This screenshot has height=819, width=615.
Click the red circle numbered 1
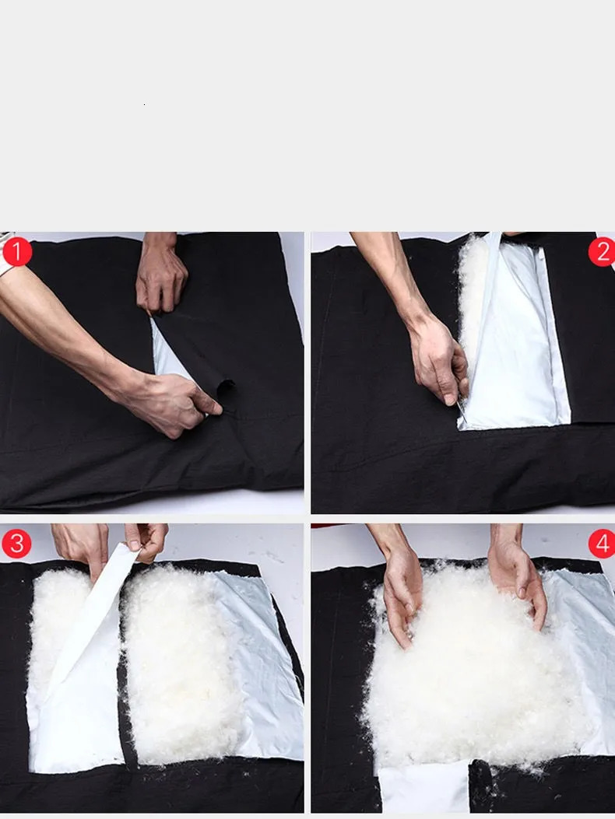tap(16, 252)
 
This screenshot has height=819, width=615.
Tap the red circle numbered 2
tap(603, 252)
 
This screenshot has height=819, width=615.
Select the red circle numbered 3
tap(16, 543)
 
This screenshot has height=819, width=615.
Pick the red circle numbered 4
tap(603, 543)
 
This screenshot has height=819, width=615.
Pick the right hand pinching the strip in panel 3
tap(147, 541)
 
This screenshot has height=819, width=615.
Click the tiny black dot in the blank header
tap(144, 104)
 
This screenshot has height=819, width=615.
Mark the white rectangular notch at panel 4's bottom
tap(423, 786)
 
